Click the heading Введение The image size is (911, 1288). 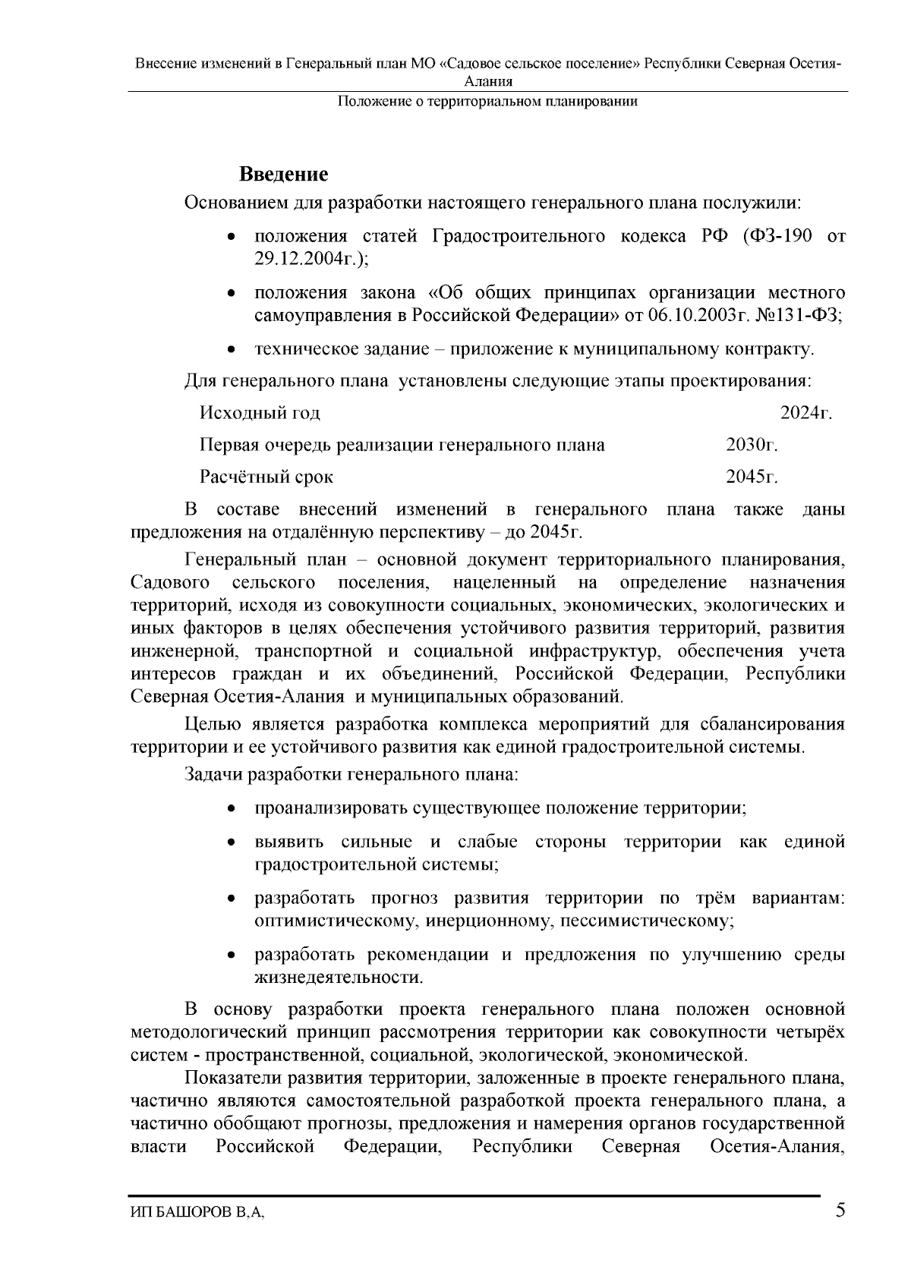click(284, 175)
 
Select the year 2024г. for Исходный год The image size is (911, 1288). click(806, 413)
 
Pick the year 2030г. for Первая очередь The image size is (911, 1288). click(752, 445)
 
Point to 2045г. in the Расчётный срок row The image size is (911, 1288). click(752, 477)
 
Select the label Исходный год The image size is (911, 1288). click(260, 413)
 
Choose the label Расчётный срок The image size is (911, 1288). click(266, 477)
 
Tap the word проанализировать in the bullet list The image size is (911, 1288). click(330, 808)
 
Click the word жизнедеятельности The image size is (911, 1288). click(338, 977)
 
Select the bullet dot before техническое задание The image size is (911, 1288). click(232, 350)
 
